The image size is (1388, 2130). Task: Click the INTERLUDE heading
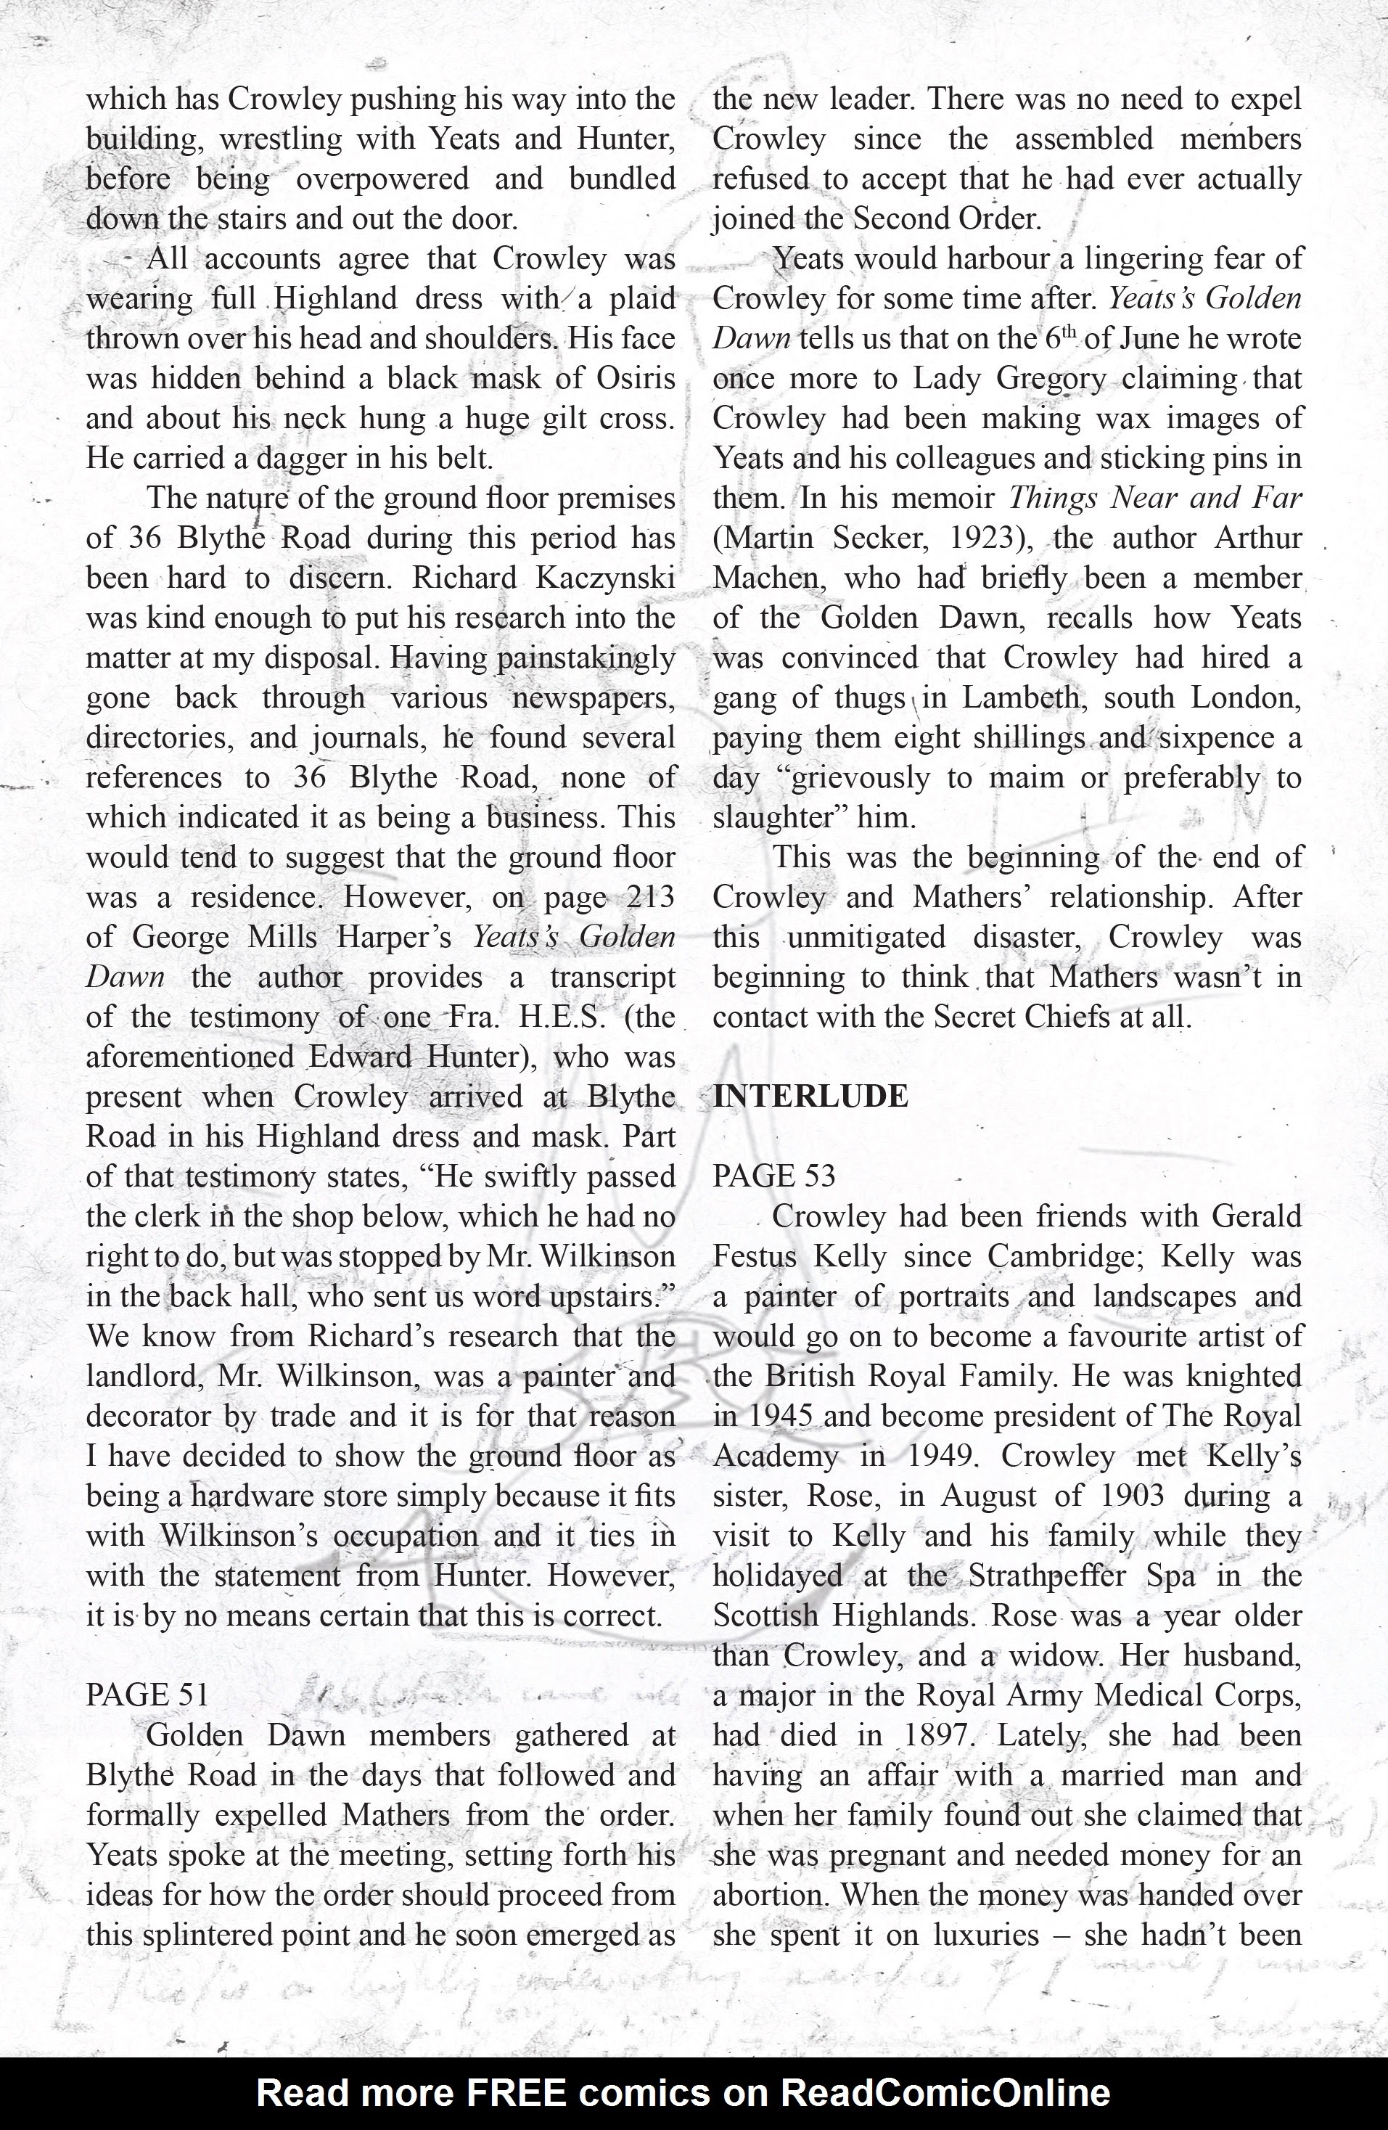(x=810, y=1097)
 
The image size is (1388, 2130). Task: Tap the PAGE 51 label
(x=147, y=1694)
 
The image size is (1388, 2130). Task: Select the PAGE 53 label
(x=773, y=1176)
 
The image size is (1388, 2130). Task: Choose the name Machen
(x=760, y=578)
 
